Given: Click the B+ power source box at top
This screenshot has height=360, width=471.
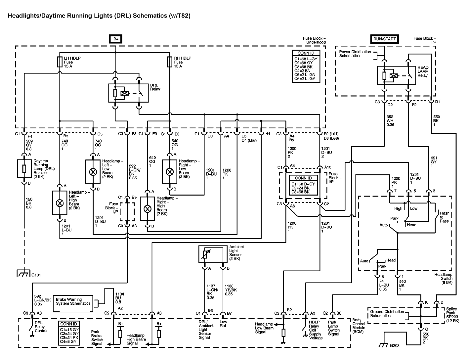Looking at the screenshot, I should point(115,39).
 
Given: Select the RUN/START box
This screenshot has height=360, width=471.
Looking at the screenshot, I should point(384,39).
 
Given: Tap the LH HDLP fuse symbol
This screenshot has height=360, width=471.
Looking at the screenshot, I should point(60,62).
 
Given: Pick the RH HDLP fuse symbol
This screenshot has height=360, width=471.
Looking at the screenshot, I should point(170,62).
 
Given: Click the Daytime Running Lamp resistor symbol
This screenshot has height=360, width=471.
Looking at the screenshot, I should point(24,169).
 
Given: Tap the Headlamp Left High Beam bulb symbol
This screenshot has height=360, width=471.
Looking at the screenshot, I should point(60,203).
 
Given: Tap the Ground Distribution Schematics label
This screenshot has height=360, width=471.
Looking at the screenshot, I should point(387,314).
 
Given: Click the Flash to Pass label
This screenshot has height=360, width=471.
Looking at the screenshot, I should point(444,217).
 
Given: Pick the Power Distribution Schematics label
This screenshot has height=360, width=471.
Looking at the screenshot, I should point(355,54).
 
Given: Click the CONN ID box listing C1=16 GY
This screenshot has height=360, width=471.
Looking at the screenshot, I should point(69,332).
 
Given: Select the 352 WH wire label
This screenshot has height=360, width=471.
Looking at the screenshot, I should point(390,120).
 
